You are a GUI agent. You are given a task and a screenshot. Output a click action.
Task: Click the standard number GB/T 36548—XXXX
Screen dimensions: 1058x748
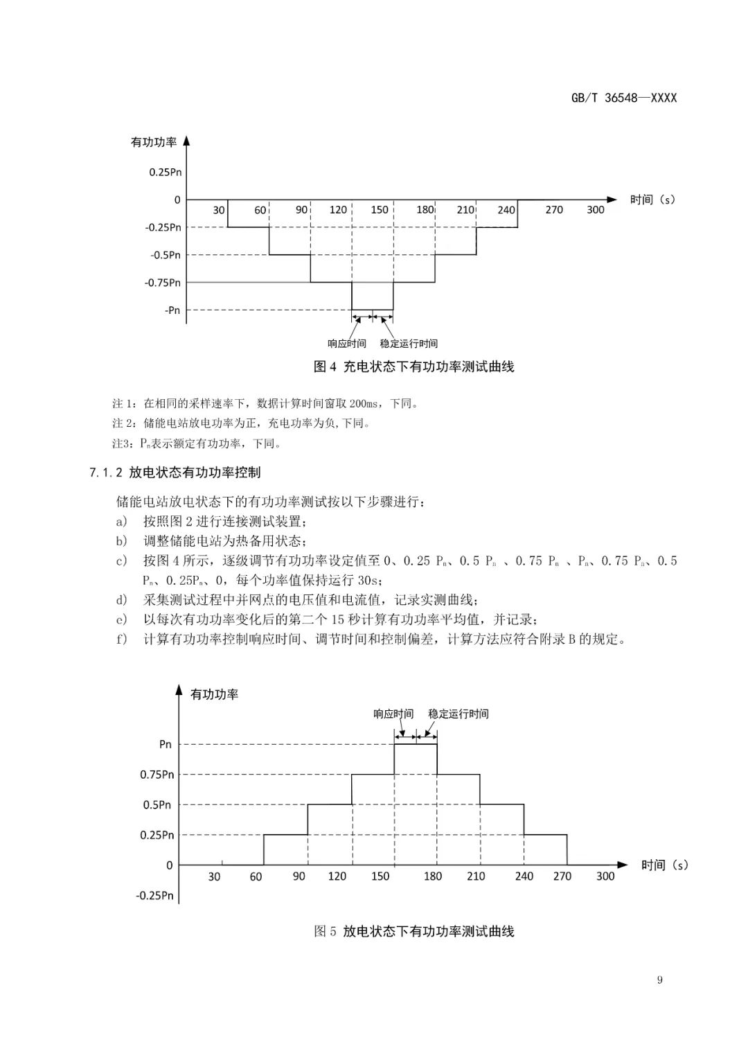(x=623, y=98)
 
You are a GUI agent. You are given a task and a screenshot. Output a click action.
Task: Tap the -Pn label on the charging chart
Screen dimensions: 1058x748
(x=172, y=310)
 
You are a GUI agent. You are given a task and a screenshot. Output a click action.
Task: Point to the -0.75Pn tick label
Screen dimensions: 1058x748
(x=162, y=283)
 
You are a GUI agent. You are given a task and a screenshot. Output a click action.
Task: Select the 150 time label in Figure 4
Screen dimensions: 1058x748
(x=380, y=210)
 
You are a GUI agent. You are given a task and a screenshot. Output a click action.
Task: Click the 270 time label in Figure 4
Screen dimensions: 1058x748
(x=554, y=210)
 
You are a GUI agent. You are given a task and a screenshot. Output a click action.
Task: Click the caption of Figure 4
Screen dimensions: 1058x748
(x=413, y=367)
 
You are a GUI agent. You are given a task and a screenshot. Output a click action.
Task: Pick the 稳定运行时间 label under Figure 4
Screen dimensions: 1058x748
(x=409, y=344)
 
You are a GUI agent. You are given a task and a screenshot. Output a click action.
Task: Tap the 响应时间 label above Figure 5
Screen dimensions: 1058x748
(x=393, y=714)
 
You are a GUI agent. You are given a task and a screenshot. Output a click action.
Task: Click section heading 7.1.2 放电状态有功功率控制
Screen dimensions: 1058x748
(x=175, y=473)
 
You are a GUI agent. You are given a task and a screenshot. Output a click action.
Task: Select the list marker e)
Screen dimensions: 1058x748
(x=122, y=619)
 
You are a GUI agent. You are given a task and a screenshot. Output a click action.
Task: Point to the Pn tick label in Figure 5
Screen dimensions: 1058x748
(x=166, y=745)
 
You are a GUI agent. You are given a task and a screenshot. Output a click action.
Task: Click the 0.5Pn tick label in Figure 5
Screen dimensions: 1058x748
(x=157, y=805)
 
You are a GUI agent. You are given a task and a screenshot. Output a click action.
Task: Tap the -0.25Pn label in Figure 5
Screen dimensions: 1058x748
(x=155, y=896)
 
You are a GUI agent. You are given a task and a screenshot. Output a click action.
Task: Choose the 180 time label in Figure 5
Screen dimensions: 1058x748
(x=433, y=876)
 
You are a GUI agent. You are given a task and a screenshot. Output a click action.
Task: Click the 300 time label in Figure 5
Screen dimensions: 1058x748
(x=605, y=876)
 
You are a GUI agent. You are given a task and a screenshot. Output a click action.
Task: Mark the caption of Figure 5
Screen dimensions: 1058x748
(x=413, y=931)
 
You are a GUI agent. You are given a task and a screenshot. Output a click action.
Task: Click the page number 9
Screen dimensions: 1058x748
(x=659, y=980)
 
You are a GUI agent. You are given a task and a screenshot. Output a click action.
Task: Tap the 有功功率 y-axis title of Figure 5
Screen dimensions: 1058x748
(x=214, y=694)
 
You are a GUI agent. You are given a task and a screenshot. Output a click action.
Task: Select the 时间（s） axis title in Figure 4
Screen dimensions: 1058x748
(x=652, y=200)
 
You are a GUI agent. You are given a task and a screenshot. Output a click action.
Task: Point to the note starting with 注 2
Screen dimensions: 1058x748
(x=241, y=423)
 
